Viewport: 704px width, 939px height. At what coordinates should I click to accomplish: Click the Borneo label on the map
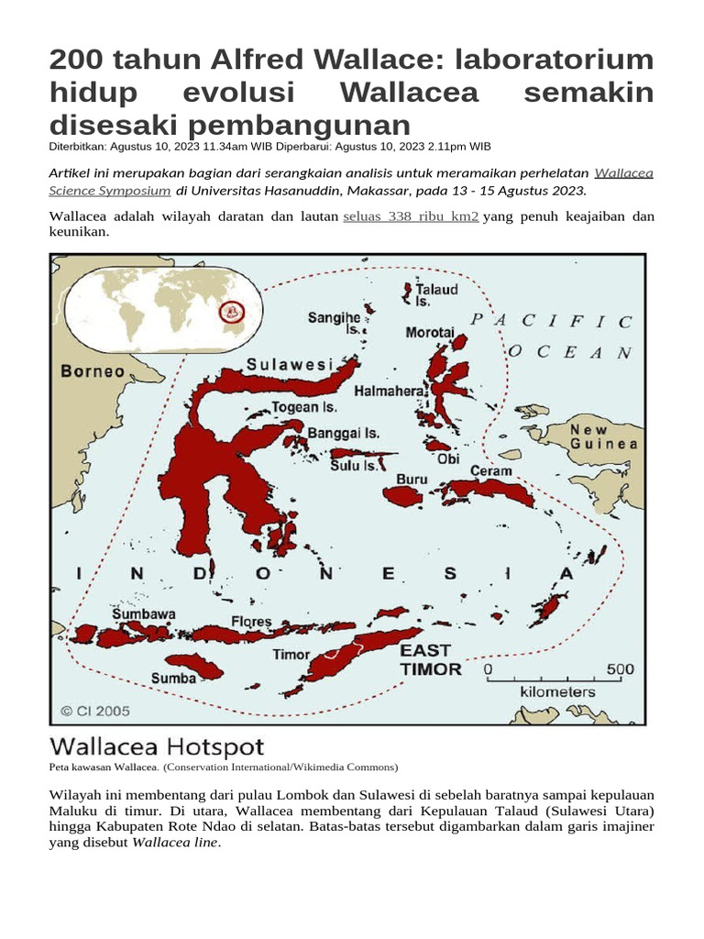pos(93,371)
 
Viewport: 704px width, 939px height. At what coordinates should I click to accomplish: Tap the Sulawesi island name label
pos(289,365)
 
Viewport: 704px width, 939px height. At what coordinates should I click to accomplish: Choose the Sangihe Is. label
pos(334,323)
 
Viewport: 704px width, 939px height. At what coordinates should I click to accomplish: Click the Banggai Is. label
pos(343,433)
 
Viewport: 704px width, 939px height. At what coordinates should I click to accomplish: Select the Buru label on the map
pos(412,479)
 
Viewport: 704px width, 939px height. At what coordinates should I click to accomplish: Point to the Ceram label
pos(491,471)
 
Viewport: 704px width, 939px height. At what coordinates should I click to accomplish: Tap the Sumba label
pos(173,678)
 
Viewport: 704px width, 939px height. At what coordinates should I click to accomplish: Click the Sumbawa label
pos(144,613)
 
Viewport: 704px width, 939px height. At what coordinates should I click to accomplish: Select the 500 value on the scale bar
pos(620,670)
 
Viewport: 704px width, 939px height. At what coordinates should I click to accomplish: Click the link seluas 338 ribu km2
pos(411,217)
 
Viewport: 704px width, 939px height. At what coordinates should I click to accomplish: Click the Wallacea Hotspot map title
pos(156,746)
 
